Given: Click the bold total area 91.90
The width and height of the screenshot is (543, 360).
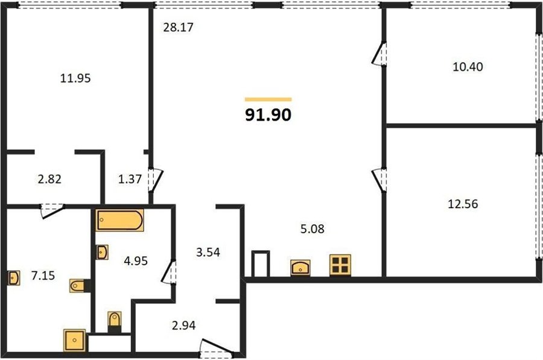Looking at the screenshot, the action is click(x=268, y=115).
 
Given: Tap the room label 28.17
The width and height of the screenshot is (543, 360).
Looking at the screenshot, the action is click(x=178, y=27).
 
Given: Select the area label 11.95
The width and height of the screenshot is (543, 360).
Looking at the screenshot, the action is click(x=75, y=78).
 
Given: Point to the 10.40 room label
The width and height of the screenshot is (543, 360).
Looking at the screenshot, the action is click(x=468, y=66).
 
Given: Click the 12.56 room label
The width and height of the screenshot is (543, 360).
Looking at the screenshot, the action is click(x=463, y=204).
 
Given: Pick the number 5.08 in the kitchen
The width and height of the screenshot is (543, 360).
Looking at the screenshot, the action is click(x=313, y=229).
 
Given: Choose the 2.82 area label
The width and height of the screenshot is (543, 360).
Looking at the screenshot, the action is click(x=49, y=179).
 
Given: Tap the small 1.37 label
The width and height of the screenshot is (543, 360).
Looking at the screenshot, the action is click(x=130, y=179).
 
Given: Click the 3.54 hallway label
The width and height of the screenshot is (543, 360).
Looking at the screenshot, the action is click(x=208, y=252).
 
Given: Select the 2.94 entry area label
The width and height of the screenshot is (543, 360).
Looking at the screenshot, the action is click(x=183, y=326).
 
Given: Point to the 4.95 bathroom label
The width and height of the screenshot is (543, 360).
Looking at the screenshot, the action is click(x=136, y=261).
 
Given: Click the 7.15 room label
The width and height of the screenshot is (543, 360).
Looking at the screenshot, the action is click(x=43, y=276).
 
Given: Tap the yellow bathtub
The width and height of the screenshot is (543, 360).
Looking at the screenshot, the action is click(x=120, y=220).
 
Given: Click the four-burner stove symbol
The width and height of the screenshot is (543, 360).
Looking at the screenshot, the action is click(x=340, y=265).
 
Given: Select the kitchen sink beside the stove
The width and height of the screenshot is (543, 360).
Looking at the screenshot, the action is click(x=300, y=268).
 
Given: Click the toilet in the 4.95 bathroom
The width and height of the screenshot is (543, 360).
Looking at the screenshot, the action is click(x=115, y=320).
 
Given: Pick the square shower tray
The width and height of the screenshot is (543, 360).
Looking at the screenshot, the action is click(x=74, y=340).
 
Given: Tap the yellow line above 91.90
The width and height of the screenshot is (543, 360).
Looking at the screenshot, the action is click(x=268, y=99).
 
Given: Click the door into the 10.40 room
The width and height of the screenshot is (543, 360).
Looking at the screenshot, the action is click(x=379, y=53).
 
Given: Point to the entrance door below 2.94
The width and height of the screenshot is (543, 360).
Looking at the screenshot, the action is click(x=217, y=348).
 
